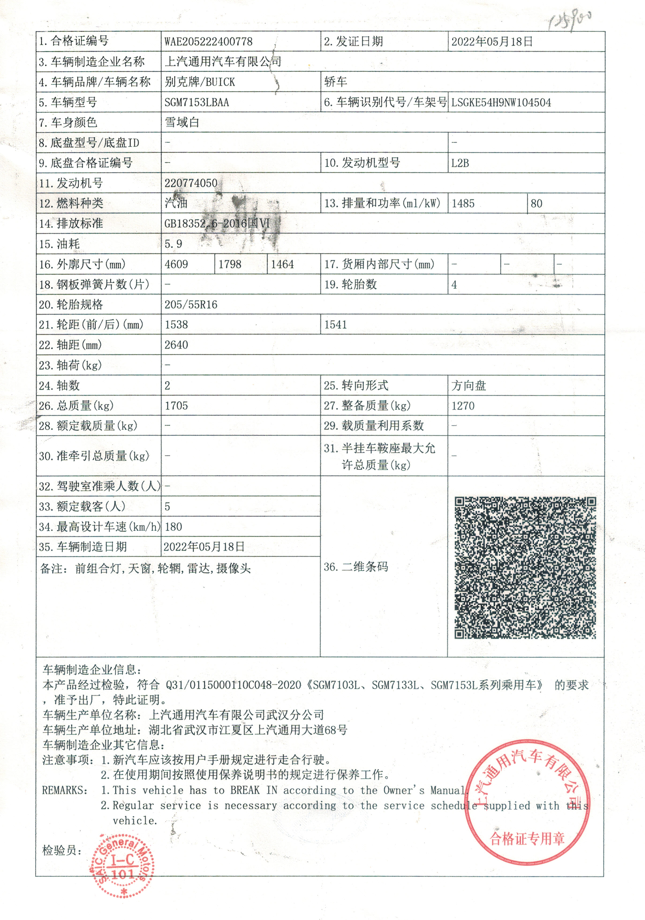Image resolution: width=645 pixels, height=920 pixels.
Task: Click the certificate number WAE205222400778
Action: (208, 42)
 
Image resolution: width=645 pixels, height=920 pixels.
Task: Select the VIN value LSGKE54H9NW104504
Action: (501, 103)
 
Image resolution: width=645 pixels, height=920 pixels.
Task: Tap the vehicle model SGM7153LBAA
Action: (197, 103)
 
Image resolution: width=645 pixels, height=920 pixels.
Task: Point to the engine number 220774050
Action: (191, 183)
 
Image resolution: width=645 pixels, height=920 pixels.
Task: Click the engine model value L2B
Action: (460, 163)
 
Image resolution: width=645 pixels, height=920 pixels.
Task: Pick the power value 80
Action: (537, 203)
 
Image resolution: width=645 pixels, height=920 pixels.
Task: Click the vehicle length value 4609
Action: (176, 265)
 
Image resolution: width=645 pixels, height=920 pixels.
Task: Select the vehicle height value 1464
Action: (282, 265)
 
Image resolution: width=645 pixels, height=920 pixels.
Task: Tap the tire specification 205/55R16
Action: (191, 305)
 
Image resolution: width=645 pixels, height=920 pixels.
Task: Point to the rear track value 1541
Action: (335, 325)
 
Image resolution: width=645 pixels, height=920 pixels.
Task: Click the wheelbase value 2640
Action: (176, 345)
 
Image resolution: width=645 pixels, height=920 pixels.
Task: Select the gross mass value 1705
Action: (176, 406)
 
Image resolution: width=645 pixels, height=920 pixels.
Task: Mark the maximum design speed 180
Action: (173, 527)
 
